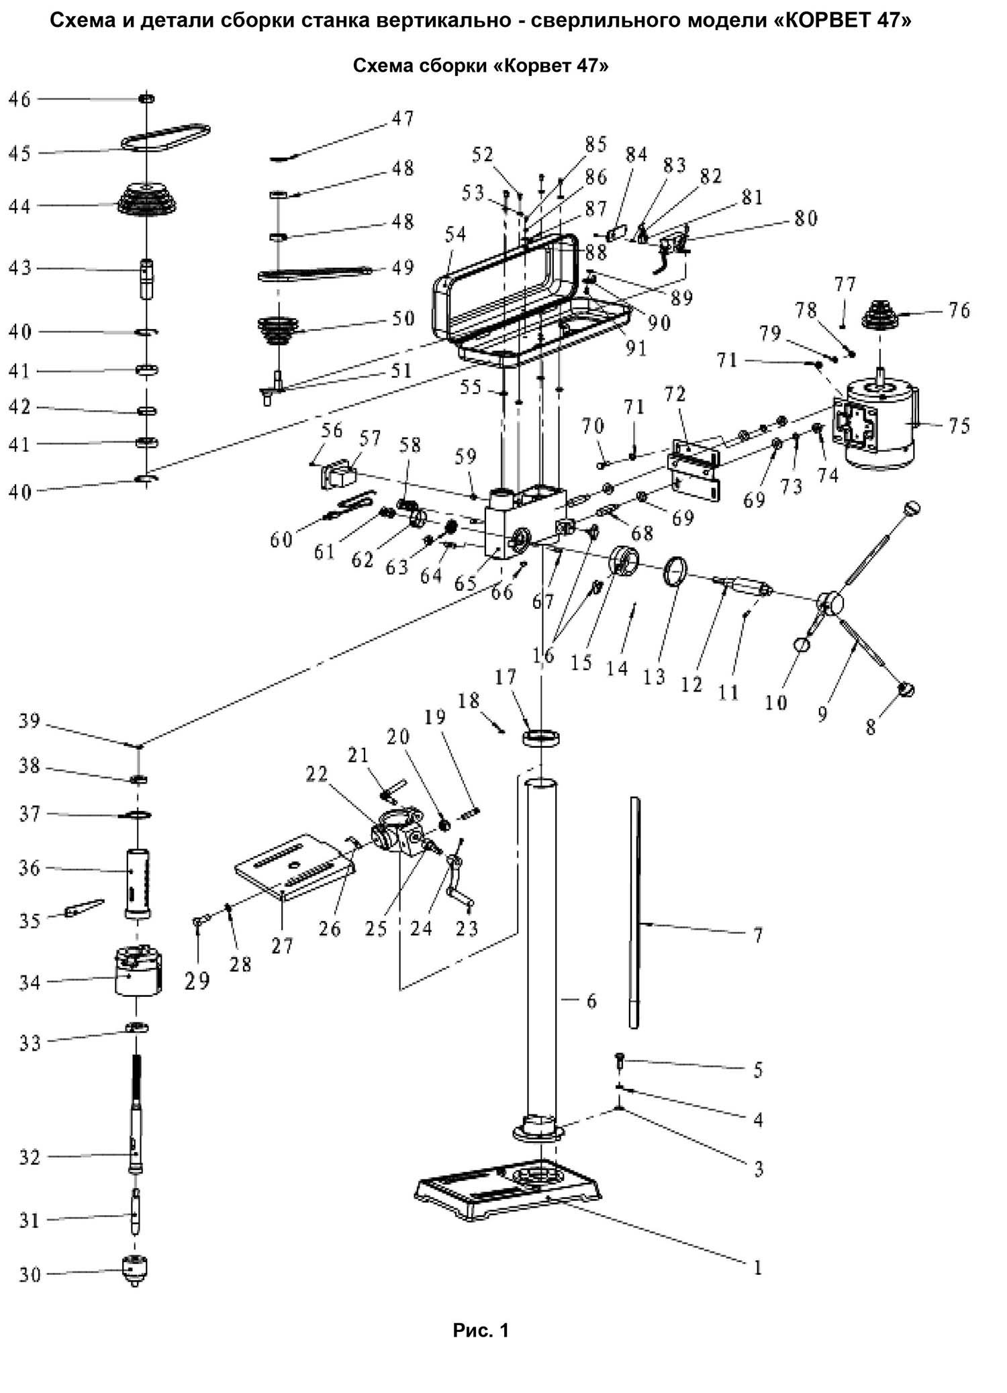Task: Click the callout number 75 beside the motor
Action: click(959, 426)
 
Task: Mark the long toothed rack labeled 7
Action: click(636, 913)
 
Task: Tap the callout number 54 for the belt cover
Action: click(455, 234)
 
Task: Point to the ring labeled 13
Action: click(675, 571)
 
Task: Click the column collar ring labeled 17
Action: click(541, 738)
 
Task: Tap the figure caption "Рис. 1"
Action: click(481, 1330)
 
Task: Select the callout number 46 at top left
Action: click(19, 99)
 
